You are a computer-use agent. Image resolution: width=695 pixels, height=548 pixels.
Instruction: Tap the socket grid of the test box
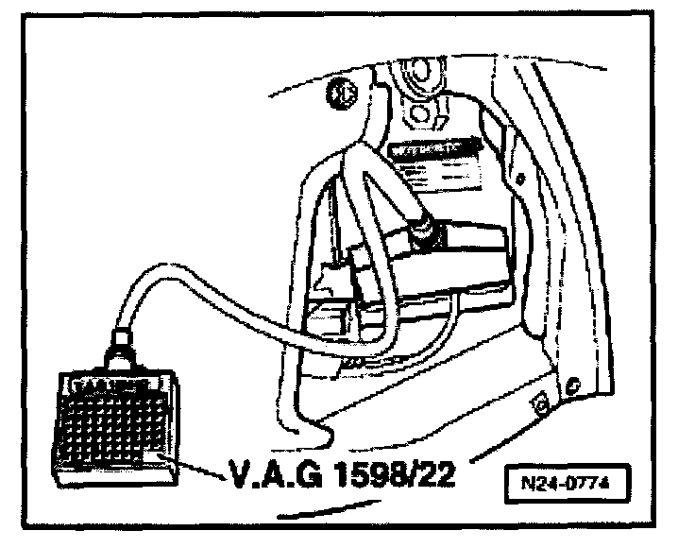point(111,420)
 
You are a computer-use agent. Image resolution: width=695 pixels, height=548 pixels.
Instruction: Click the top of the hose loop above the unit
point(364,165)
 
